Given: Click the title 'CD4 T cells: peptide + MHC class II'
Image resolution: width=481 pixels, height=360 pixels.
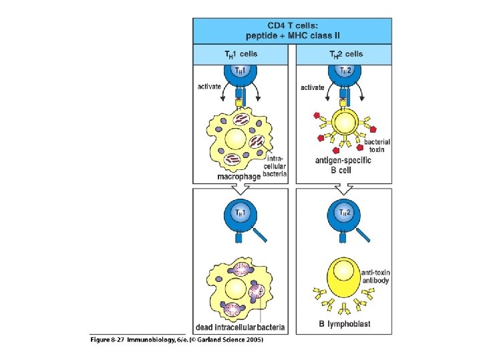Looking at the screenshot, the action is click(293, 30).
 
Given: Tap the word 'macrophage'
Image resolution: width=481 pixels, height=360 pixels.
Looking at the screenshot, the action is click(238, 176).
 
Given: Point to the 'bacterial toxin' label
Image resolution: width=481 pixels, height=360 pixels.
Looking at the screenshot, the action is click(377, 146).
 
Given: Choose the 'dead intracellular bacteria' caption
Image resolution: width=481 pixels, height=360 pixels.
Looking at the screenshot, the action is click(240, 327).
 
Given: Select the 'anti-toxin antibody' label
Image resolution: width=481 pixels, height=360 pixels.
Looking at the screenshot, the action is click(376, 276).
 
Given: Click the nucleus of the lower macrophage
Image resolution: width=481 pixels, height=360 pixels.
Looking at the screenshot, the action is click(236, 288).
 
